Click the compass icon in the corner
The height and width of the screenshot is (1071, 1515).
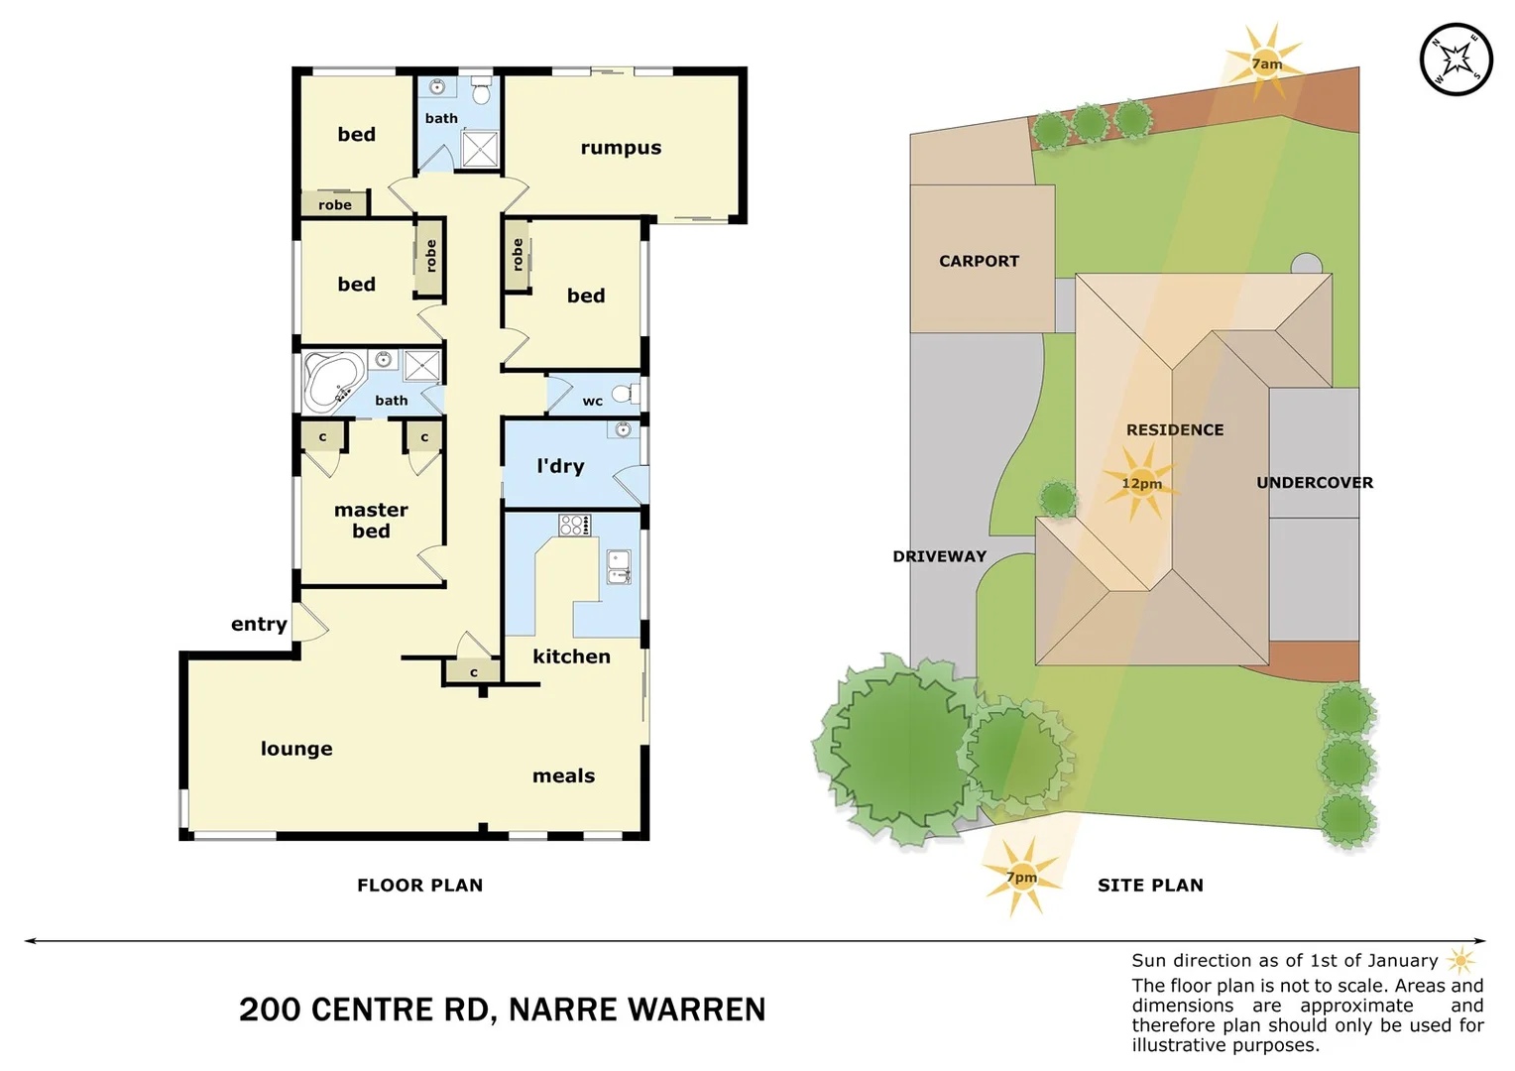[1456, 60]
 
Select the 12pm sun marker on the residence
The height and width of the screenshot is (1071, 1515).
[1140, 483]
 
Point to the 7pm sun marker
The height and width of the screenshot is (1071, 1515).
[1021, 877]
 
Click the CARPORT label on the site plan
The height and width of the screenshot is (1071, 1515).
[979, 261]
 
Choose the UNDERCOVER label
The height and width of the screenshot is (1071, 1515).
[1314, 483]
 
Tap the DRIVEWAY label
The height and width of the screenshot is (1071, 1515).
[939, 556]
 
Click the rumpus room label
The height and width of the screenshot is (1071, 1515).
[621, 148]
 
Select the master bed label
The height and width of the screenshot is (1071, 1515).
[371, 521]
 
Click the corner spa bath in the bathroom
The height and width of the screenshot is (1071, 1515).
[332, 383]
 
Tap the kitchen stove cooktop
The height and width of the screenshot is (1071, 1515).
[574, 526]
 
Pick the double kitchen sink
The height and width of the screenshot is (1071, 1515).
[619, 567]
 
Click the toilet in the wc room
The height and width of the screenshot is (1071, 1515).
[625, 395]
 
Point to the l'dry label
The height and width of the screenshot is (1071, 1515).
[560, 466]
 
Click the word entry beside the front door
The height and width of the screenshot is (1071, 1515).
[259, 624]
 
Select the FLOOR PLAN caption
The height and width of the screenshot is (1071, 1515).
[419, 886]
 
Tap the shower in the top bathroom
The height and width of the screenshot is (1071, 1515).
[480, 150]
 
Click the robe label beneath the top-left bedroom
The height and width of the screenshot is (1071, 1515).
[334, 205]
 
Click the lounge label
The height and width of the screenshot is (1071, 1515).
[296, 749]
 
